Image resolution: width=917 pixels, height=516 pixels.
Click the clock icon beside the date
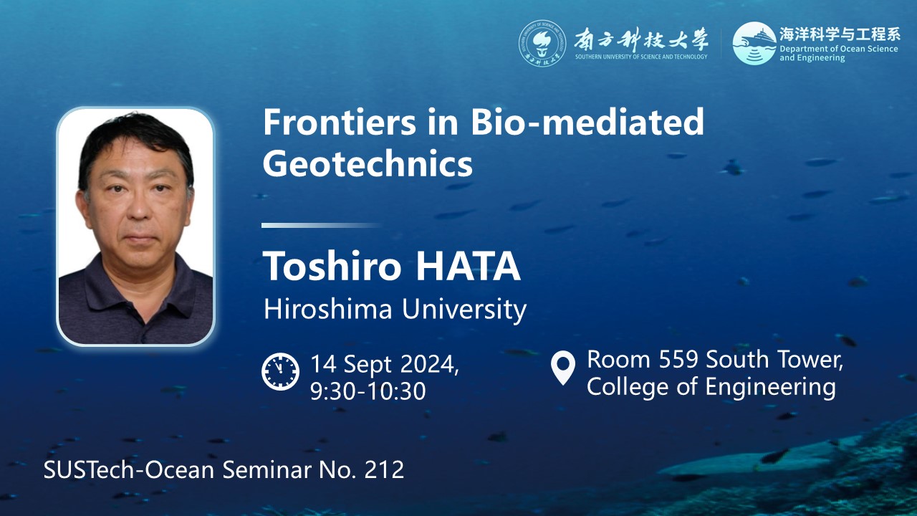coord(280,371)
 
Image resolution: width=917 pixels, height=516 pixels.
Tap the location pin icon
coord(563,368)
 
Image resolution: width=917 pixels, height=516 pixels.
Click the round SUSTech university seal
coord(542,44)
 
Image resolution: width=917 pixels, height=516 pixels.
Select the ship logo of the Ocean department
coord(754,44)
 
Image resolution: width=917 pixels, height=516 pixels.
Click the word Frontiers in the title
coord(340,122)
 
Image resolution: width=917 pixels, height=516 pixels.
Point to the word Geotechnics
coord(368,164)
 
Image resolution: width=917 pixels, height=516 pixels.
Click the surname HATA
coord(468,266)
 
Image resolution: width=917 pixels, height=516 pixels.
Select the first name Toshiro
coord(332,266)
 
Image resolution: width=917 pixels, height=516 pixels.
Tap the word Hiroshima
coord(328,309)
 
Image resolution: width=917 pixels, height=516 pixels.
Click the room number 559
coord(678,359)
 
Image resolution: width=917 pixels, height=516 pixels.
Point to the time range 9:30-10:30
coord(368,391)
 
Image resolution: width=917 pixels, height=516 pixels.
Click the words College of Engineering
coord(711,387)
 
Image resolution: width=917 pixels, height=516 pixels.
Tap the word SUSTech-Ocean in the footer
coord(129,469)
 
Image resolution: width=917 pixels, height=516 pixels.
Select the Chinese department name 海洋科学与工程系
coord(839,34)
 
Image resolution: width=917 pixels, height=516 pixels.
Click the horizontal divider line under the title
coord(322,225)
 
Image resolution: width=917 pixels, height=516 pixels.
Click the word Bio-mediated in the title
coord(587,122)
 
